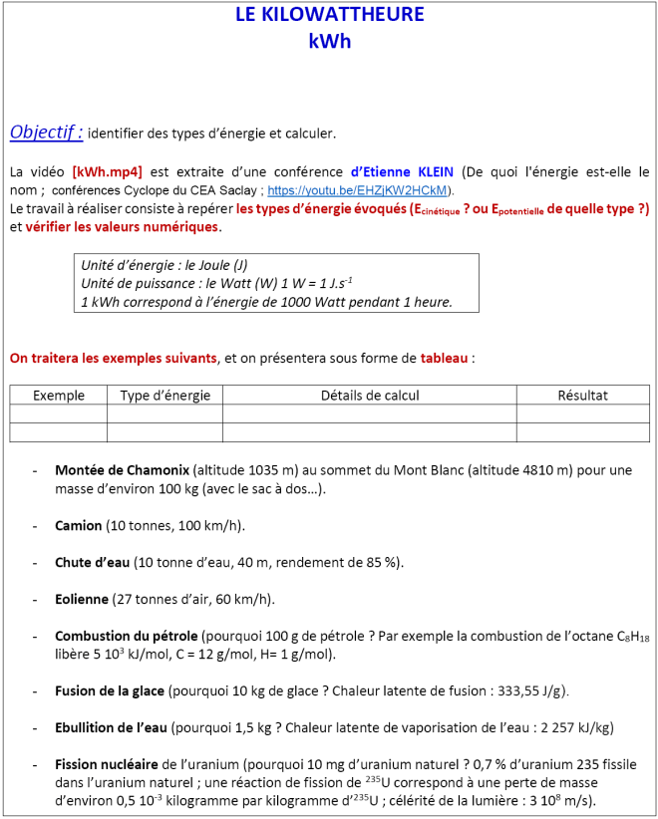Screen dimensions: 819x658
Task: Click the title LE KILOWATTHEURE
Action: click(329, 14)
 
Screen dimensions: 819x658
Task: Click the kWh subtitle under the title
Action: click(329, 42)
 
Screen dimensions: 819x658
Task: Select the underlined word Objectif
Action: click(45, 133)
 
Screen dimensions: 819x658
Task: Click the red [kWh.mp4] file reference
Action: click(108, 171)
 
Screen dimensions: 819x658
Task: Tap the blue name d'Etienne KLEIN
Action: click(403, 171)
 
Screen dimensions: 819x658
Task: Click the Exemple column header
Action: click(59, 396)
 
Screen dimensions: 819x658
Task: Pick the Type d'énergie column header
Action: click(164, 396)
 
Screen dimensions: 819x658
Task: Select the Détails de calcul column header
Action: click(370, 396)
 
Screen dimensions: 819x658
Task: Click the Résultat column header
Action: click(582, 396)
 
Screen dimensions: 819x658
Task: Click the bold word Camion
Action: click(79, 525)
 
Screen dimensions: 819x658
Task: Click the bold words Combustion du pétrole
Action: click(127, 636)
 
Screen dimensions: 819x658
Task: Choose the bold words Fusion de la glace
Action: click(110, 690)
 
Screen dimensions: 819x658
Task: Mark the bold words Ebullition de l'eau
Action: click(113, 727)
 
